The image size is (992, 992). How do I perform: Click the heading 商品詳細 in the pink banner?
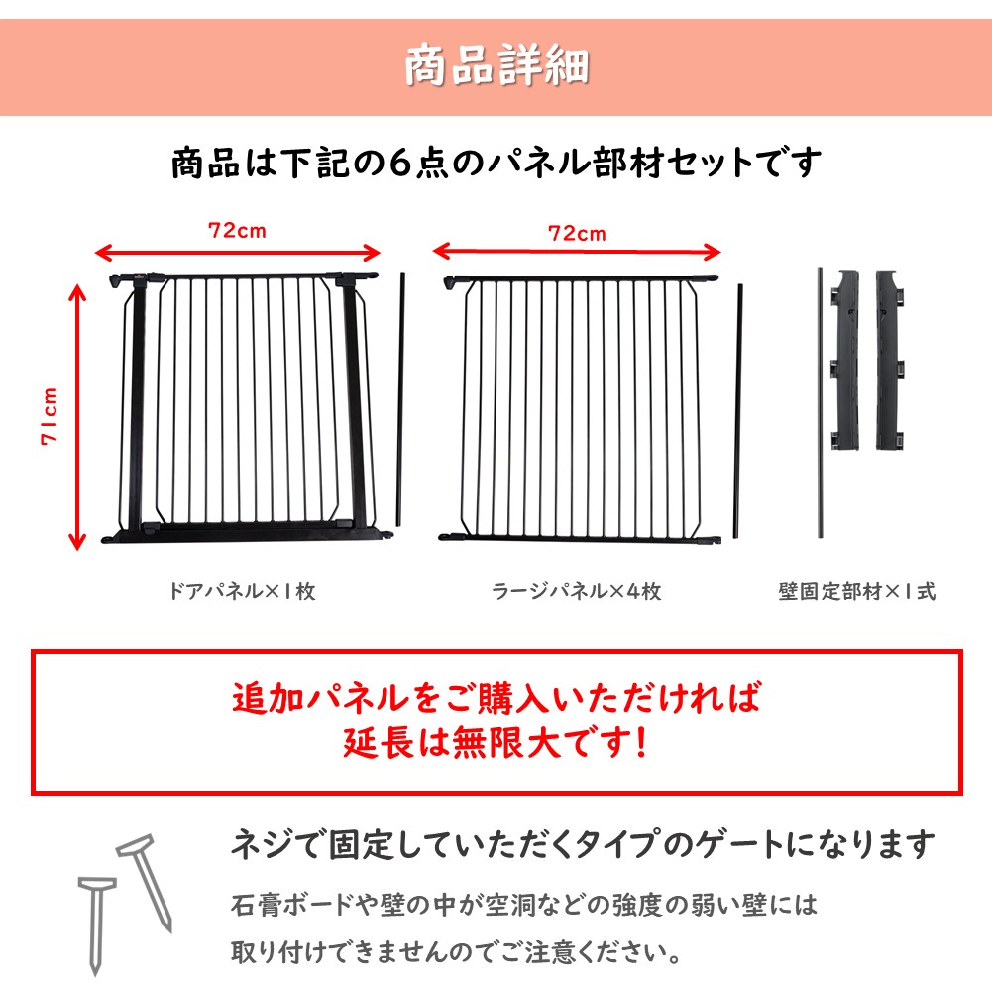(496, 65)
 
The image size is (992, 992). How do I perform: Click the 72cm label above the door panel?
(237, 230)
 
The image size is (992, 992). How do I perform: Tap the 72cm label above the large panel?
(577, 234)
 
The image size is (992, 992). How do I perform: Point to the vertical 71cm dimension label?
(50, 416)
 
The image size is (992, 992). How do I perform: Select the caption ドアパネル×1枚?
(243, 591)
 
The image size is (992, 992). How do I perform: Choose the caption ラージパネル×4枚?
(577, 591)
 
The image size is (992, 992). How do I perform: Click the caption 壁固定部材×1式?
(856, 591)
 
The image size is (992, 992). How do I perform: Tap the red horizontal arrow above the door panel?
(237, 254)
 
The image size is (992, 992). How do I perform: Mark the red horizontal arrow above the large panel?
(577, 252)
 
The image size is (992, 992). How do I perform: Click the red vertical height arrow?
(77, 417)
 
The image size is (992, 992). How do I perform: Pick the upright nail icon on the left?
(97, 925)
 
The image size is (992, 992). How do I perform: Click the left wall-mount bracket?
(844, 360)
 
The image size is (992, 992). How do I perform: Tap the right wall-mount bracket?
(890, 360)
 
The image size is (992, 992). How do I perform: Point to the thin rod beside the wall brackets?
(821, 403)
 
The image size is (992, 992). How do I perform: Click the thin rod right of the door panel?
(400, 399)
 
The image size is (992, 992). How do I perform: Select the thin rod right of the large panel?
(737, 411)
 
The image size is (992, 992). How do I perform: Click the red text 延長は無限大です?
(496, 742)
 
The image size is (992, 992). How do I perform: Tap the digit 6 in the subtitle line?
(400, 163)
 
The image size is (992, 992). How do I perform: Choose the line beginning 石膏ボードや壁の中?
(524, 905)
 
